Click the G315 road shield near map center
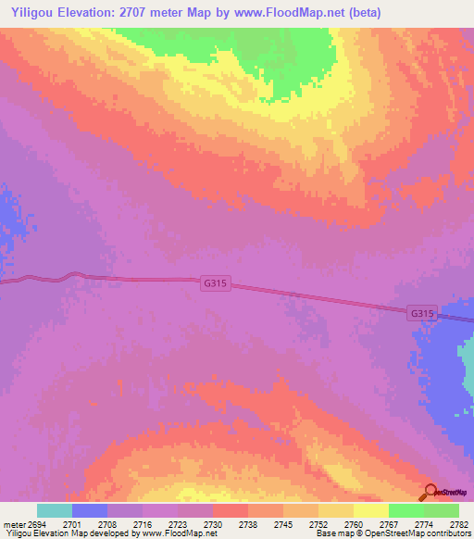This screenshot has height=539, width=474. [213, 285]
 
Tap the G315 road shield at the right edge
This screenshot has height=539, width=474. [421, 314]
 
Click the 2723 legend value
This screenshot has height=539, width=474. [177, 524]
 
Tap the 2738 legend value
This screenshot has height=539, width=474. [247, 524]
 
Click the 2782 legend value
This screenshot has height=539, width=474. [457, 524]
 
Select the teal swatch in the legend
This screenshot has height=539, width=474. [54, 510]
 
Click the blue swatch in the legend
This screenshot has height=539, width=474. [89, 510]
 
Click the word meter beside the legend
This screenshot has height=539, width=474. [14, 524]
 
